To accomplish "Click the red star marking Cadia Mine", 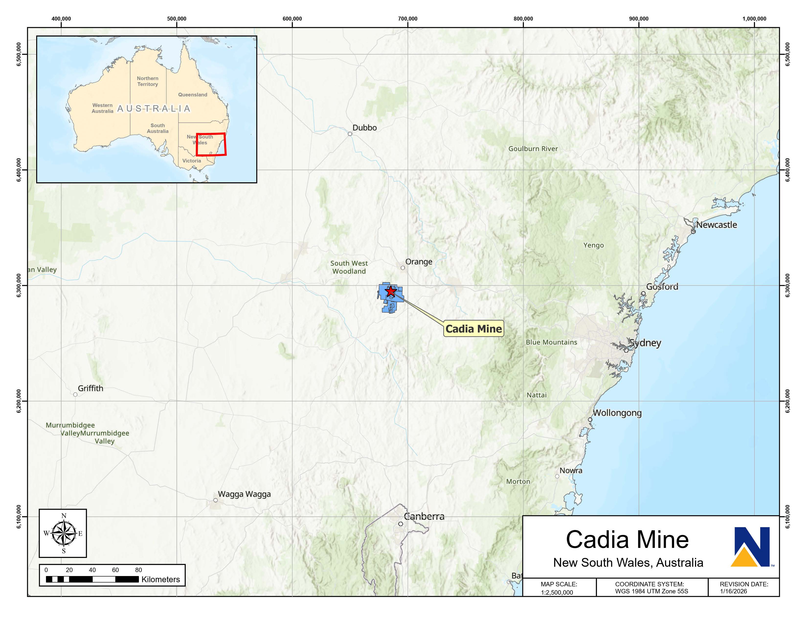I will tap(391, 291).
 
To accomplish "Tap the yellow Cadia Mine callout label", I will tap(473, 329).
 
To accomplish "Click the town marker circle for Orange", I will tap(403, 268).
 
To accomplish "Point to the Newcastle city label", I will tap(717, 225).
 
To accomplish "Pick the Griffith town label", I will tap(90, 388).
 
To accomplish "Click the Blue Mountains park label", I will tap(551, 342).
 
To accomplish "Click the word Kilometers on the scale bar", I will tap(160, 579).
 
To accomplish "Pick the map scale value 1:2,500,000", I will tap(557, 592).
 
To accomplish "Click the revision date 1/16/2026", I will tap(733, 591).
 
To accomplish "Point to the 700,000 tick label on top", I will tap(408, 19).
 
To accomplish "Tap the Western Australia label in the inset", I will tap(102, 108).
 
